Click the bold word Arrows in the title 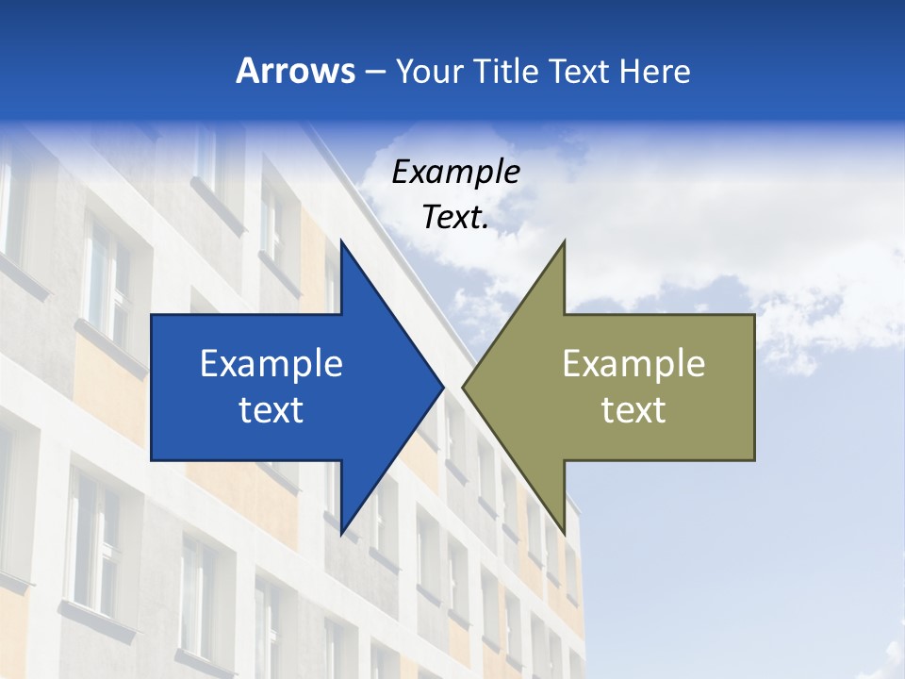(295, 71)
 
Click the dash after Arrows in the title (374, 72)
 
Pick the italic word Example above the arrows (455, 173)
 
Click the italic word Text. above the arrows (455, 218)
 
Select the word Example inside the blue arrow (271, 363)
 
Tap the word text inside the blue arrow (271, 410)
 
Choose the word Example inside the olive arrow (633, 363)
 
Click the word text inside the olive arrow (633, 410)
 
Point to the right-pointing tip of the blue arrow (443, 387)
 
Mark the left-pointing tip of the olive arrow (463, 387)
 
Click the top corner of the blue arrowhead (341, 240)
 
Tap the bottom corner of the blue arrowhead (341, 535)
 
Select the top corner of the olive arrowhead (564, 240)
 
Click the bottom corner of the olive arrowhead (564, 535)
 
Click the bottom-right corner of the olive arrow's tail (754, 459)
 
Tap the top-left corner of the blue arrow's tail (152, 315)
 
